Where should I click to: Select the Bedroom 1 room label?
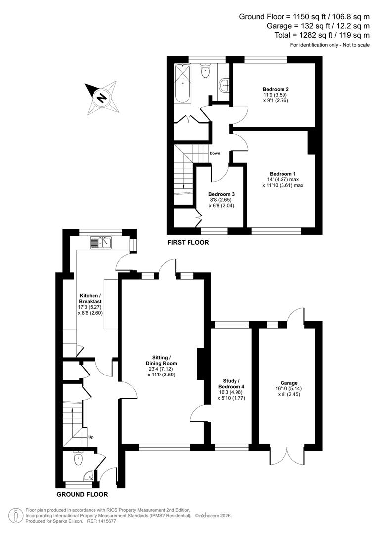pos(282,174)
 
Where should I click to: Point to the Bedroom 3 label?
pos(221,194)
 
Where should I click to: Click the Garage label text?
pos(289,383)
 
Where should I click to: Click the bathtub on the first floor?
pos(183,83)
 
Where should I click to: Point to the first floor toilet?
pos(206,72)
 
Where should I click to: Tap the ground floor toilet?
pos(79,459)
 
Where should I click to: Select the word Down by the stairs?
pos(215,153)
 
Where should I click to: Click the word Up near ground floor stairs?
pos(91,437)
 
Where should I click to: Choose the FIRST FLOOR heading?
pos(188,243)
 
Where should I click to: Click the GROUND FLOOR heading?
pos(82,494)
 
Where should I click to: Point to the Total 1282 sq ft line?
pos(322,35)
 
